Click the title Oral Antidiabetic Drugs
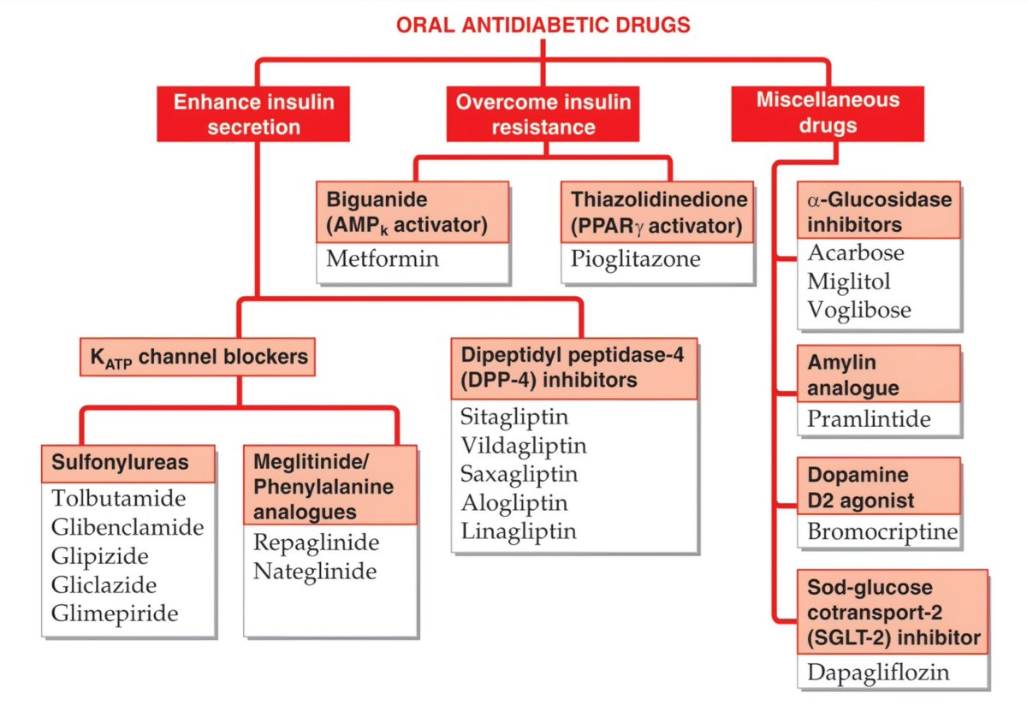coord(543,25)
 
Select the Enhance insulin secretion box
coord(253,115)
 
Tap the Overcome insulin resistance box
coord(543,115)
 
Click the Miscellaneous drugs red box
coord(828,113)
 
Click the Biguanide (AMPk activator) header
coord(413,212)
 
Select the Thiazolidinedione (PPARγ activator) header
coord(658,212)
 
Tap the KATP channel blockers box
coord(198,357)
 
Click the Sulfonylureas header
coord(128,463)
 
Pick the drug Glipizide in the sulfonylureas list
coord(100,556)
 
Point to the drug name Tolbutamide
coord(118,498)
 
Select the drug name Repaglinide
coord(316,542)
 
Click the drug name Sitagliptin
coord(514,417)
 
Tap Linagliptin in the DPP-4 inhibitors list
coord(519,531)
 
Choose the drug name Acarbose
coord(856,253)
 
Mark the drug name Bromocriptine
coord(882,532)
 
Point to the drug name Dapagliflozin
coord(878,672)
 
